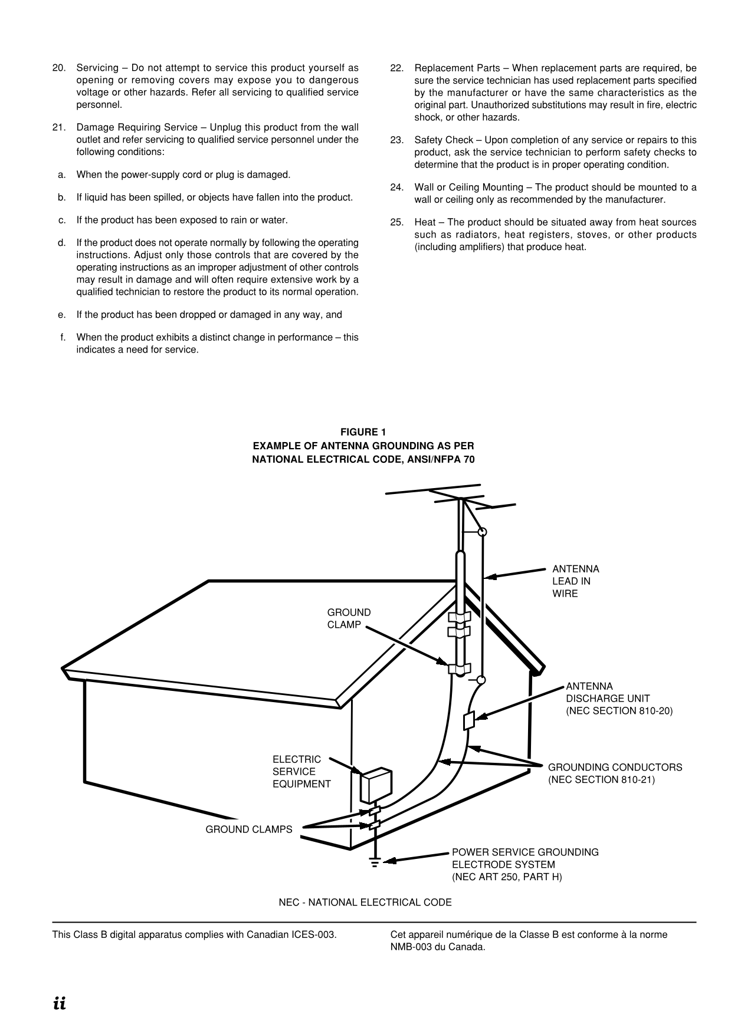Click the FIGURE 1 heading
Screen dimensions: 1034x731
tap(363, 432)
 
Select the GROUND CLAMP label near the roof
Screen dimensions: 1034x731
tap(349, 618)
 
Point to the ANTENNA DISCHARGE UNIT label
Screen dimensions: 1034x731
tap(618, 699)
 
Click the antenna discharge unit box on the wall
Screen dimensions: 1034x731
tap(469, 720)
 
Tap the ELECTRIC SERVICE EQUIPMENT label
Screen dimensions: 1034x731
tap(301, 772)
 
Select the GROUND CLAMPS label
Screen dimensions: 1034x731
tap(248, 829)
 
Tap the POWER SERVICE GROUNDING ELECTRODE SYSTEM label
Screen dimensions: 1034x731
tap(525, 865)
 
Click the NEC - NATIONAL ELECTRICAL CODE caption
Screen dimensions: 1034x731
tap(365, 903)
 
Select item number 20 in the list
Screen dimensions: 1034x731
tap(58, 68)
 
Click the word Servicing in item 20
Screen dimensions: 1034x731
tap(97, 68)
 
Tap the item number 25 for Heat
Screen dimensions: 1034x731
tap(396, 222)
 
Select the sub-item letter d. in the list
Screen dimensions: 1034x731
tap(61, 243)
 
